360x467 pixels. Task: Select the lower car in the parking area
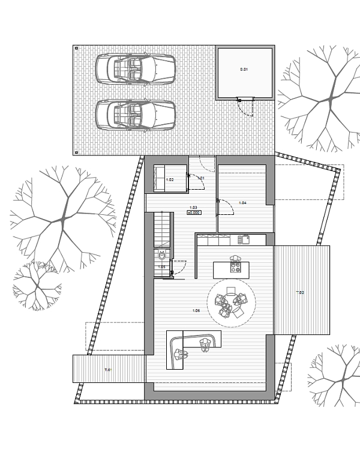click(x=136, y=114)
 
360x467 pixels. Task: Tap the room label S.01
click(x=244, y=70)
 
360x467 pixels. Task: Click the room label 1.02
click(x=170, y=179)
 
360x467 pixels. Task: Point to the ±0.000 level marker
click(x=193, y=212)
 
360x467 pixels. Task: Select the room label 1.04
click(x=242, y=203)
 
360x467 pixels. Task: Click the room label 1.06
click(x=196, y=310)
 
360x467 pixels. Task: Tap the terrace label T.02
click(x=300, y=292)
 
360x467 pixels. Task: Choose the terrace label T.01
click(x=108, y=370)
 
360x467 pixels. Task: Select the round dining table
click(x=231, y=304)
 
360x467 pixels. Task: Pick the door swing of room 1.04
click(x=226, y=207)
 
